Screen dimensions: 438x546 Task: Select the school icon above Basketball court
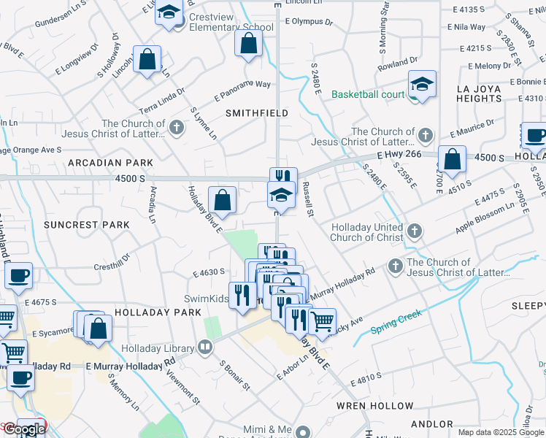tap(422, 85)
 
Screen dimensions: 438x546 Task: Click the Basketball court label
tap(368, 94)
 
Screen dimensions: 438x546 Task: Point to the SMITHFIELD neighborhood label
tap(256, 113)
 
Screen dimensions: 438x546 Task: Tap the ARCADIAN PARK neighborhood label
tap(118, 162)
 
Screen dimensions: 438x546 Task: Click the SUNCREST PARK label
tap(85, 225)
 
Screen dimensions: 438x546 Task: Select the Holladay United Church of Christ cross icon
tap(414, 232)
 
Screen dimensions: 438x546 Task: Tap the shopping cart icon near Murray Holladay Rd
tap(321, 320)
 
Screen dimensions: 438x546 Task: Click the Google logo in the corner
tap(23, 429)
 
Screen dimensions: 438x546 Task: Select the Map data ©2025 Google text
tap(500, 432)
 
